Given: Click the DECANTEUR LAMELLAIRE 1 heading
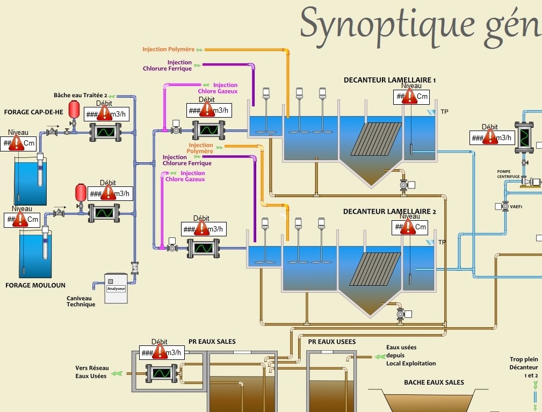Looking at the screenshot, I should click(389, 80).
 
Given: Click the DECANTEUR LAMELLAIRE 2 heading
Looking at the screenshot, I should click(389, 212).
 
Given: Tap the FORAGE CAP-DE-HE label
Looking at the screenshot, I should click(33, 112).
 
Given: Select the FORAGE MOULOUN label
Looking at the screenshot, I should click(35, 285).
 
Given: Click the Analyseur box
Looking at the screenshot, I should click(115, 288).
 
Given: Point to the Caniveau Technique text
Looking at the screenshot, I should click(81, 301).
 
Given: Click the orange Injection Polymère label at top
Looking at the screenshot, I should click(168, 49).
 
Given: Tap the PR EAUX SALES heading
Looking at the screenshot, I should click(212, 342).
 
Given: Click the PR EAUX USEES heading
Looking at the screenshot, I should click(332, 342).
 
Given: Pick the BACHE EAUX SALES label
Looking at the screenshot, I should click(434, 382).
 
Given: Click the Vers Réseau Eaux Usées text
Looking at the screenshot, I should click(92, 372).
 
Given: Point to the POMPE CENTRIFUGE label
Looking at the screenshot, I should click(508, 174).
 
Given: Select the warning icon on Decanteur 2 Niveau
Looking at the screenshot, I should click(409, 227).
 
